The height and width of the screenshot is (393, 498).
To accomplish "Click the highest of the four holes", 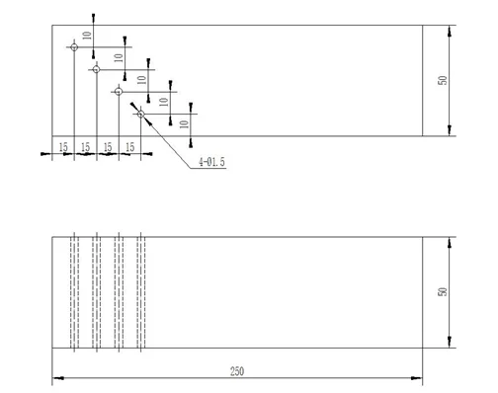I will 74,45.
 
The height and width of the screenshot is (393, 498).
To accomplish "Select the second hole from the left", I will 96,69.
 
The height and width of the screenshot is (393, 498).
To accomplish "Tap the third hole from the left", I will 119,92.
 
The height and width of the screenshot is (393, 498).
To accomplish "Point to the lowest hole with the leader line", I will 141,116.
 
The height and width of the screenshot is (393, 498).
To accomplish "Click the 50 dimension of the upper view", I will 444,79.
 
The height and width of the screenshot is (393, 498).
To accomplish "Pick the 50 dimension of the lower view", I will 444,291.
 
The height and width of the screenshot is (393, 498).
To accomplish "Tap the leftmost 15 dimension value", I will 63,146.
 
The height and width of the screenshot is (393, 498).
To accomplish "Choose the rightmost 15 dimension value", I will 130,146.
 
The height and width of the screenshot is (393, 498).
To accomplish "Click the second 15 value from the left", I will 86,146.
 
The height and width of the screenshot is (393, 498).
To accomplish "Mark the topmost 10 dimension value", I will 87,36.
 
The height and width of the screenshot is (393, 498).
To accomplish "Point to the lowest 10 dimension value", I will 184,123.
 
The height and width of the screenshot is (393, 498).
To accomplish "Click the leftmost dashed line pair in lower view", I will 74,291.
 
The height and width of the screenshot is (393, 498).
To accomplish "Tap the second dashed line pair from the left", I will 96,291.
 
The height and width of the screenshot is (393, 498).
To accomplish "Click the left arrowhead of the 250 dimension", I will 57,377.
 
